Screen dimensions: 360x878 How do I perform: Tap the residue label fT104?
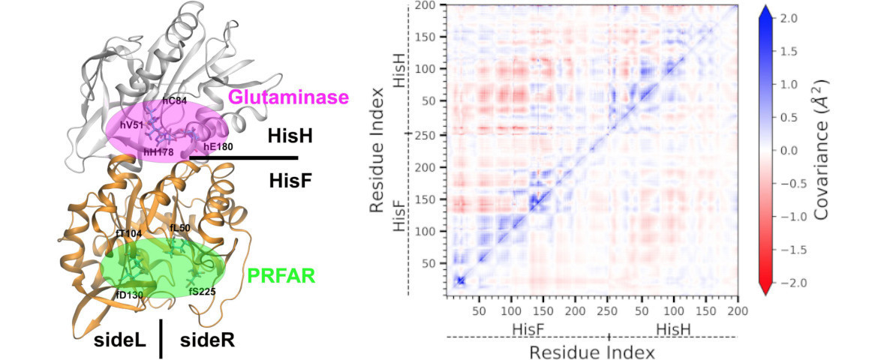point(129,233)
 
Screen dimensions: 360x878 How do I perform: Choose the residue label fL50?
point(181,227)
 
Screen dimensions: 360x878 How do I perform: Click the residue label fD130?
point(128,294)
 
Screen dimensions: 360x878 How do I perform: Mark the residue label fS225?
point(203,292)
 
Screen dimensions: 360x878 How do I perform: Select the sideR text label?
point(207,340)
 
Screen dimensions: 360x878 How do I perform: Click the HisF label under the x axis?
point(528,328)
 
